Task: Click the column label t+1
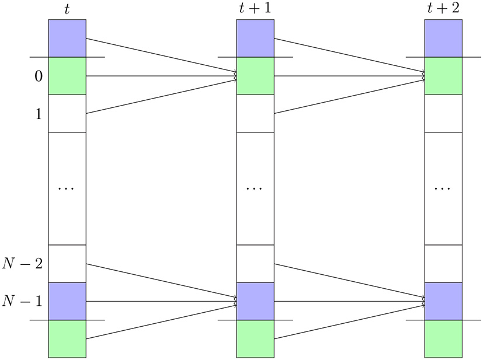pyautogui.click(x=255, y=10)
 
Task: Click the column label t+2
pyautogui.click(x=443, y=10)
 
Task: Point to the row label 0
pyautogui.click(x=37, y=76)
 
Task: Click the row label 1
pyautogui.click(x=37, y=114)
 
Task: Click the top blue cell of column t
pyautogui.click(x=67, y=39)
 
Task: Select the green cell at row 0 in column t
pyautogui.click(x=67, y=76)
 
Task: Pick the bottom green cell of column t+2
pyautogui.click(x=443, y=338)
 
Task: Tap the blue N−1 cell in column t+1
pyautogui.click(x=255, y=301)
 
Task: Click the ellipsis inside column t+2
pyautogui.click(x=443, y=189)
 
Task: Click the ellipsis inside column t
pyautogui.click(x=67, y=189)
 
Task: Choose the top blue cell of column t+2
pyautogui.click(x=443, y=39)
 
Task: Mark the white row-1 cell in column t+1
pyautogui.click(x=255, y=114)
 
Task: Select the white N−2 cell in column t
pyautogui.click(x=67, y=264)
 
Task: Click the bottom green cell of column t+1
pyautogui.click(x=255, y=338)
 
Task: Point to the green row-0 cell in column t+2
pyautogui.click(x=443, y=76)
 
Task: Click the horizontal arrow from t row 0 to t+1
pyautogui.click(x=161, y=76)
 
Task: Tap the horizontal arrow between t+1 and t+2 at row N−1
pyautogui.click(x=349, y=301)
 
